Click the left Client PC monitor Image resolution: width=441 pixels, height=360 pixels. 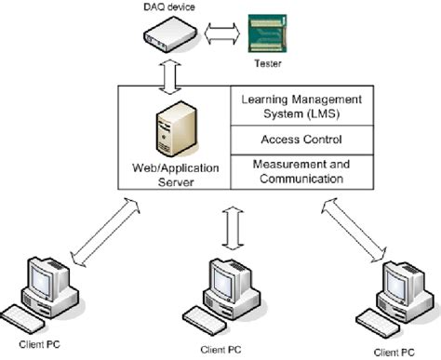click(44, 278)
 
